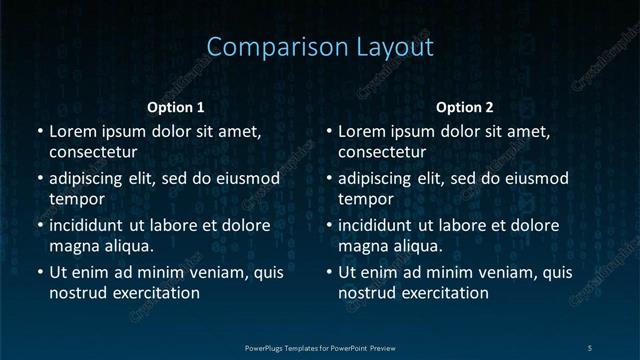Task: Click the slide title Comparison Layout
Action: (320, 47)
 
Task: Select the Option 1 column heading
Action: (176, 107)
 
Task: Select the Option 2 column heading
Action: (465, 107)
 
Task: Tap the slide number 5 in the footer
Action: (589, 347)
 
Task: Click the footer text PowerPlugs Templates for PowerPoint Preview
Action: (320, 347)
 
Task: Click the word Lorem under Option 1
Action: (73, 131)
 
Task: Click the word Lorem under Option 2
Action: (363, 131)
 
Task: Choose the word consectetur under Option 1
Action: (93, 152)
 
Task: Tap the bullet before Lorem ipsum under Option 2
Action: (329, 131)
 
